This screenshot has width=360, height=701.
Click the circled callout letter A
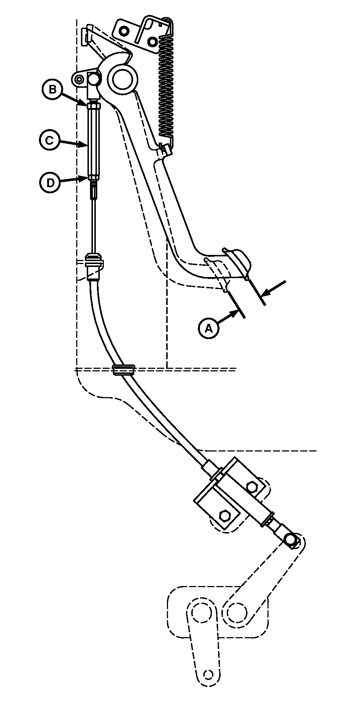pyautogui.click(x=209, y=328)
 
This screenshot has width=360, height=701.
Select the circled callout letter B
pyautogui.click(x=52, y=89)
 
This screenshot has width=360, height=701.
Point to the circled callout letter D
pyautogui.click(x=50, y=182)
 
